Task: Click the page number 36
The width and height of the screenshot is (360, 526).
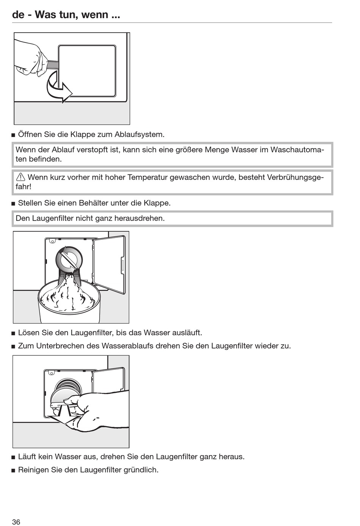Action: point(16,522)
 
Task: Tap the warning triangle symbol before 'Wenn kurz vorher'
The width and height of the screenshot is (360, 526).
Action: point(20,177)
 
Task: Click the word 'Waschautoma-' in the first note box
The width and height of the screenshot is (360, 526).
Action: point(297,150)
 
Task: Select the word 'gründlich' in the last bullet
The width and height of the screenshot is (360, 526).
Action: point(141,470)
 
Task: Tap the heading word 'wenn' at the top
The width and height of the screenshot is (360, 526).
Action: point(94,15)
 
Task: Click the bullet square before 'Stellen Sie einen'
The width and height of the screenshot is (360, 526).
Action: point(14,204)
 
